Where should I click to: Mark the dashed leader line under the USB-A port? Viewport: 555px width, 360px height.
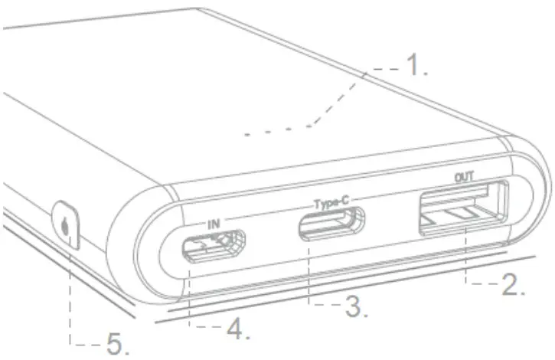(466, 260)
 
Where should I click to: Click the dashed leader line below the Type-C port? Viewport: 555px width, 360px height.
(308, 276)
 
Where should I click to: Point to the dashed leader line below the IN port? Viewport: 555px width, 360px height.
(188, 299)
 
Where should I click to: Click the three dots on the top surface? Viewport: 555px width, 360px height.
(268, 132)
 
